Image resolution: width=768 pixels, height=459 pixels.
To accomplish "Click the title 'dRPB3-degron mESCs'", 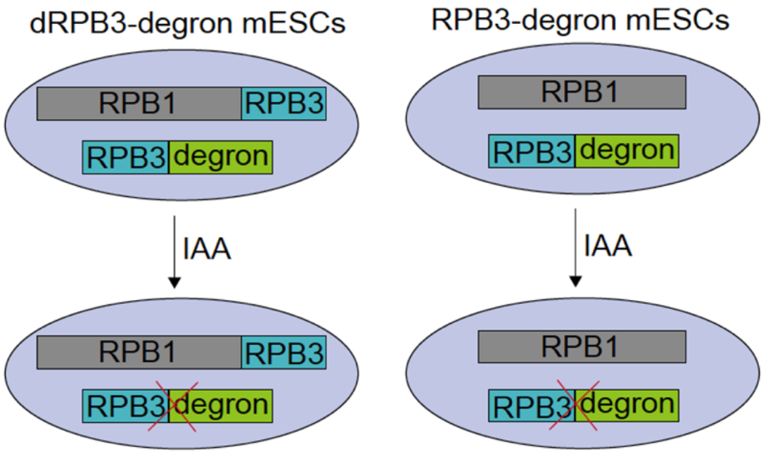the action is pyautogui.click(x=188, y=23).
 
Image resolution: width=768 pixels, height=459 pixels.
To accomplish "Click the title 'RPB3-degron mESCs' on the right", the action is pyautogui.click(x=580, y=20).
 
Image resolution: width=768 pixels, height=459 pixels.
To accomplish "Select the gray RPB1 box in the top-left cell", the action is pyautogui.click(x=139, y=103).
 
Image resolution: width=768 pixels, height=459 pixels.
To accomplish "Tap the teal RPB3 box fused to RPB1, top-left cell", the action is pyautogui.click(x=283, y=103).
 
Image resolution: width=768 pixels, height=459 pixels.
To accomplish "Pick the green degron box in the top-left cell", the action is pyautogui.click(x=220, y=158).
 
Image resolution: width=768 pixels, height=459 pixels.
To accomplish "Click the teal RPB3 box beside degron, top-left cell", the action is pyautogui.click(x=126, y=158).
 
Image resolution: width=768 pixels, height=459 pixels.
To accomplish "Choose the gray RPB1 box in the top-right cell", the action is pyautogui.click(x=582, y=92).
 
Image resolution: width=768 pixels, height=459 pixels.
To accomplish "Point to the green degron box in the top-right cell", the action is pyautogui.click(x=627, y=151).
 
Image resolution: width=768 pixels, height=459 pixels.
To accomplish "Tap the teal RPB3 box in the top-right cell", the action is pyautogui.click(x=532, y=151).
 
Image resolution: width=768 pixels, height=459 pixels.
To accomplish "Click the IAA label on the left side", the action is pyautogui.click(x=206, y=249).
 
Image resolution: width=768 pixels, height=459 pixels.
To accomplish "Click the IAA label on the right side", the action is pyautogui.click(x=608, y=246).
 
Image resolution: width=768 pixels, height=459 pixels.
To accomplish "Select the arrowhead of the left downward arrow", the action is pyautogui.click(x=174, y=282).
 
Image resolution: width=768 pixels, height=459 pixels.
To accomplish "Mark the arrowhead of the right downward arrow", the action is pyautogui.click(x=575, y=281).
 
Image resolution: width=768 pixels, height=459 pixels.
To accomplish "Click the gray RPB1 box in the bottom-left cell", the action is pyautogui.click(x=139, y=352).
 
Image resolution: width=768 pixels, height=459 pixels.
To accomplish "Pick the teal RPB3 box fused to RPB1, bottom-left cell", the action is pyautogui.click(x=283, y=352).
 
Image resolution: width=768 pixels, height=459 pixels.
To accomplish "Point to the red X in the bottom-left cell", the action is pyautogui.click(x=173, y=406).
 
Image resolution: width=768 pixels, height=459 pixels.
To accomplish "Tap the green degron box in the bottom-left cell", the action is pyautogui.click(x=220, y=406).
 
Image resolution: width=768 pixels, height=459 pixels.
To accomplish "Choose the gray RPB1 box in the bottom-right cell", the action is pyautogui.click(x=582, y=346).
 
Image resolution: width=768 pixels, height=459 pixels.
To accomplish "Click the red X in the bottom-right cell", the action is pyautogui.click(x=574, y=405).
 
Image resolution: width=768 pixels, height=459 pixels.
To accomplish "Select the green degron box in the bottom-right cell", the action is pyautogui.click(x=627, y=405).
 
